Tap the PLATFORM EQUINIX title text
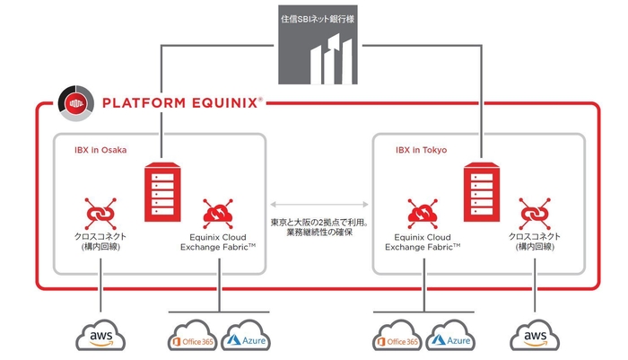point(183,102)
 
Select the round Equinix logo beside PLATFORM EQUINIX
point(72,102)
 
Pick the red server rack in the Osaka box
point(162,188)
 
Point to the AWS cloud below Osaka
point(101,337)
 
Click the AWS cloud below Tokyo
point(536,337)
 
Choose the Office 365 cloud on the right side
point(397,339)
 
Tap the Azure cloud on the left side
point(245,339)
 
